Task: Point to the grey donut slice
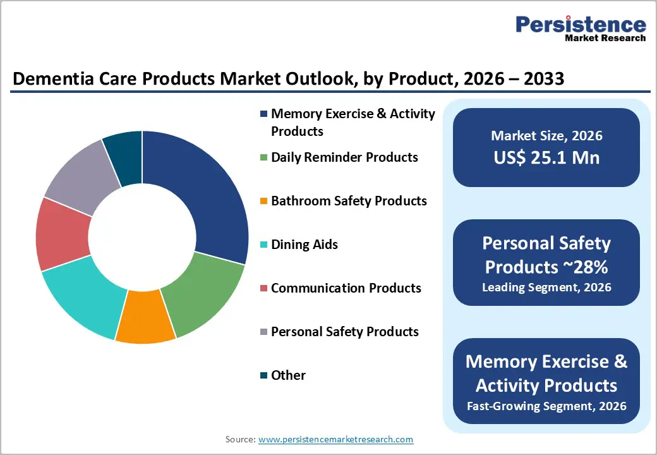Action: click(x=79, y=173)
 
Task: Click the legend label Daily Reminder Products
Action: click(x=344, y=157)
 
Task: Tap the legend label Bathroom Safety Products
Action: click(x=349, y=201)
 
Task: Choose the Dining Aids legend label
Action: click(x=304, y=245)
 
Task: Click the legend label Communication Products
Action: click(x=346, y=288)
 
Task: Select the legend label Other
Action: click(x=288, y=375)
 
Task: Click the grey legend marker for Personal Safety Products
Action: click(x=263, y=332)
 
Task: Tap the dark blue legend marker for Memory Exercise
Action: click(x=263, y=114)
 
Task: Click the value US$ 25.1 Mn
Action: click(x=546, y=158)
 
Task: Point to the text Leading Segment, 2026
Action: click(x=546, y=288)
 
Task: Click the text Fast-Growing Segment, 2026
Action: click(x=546, y=406)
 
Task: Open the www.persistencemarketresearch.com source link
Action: click(x=335, y=439)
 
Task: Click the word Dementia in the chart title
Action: click(x=48, y=80)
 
